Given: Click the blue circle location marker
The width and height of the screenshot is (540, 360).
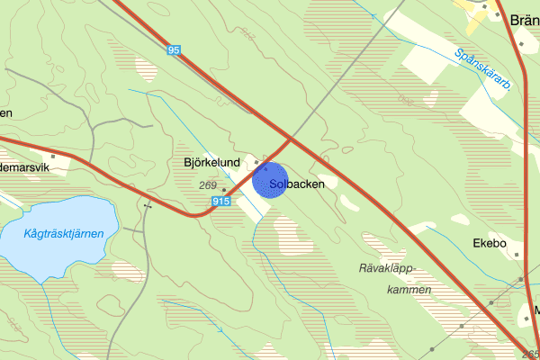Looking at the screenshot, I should [x=269, y=180].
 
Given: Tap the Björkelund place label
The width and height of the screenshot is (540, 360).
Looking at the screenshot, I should [x=210, y=164].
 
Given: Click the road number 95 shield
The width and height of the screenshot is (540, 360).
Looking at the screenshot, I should [x=175, y=51].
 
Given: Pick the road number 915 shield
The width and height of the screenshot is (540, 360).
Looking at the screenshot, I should [x=222, y=203].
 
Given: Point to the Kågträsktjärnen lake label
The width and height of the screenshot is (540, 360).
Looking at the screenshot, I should [x=64, y=233].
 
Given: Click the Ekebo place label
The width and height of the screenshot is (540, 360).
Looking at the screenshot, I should [x=490, y=243].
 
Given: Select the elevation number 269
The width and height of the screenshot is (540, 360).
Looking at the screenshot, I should [x=209, y=185].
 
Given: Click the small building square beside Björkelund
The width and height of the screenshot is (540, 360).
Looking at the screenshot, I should [x=256, y=161].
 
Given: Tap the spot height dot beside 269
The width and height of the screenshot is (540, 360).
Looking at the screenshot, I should [x=225, y=190].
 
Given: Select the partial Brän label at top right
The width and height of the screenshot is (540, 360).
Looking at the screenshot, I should [x=522, y=21].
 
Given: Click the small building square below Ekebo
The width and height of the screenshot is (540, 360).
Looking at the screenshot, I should [x=517, y=255].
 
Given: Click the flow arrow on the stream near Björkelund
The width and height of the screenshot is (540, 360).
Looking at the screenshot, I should [x=201, y=150].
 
